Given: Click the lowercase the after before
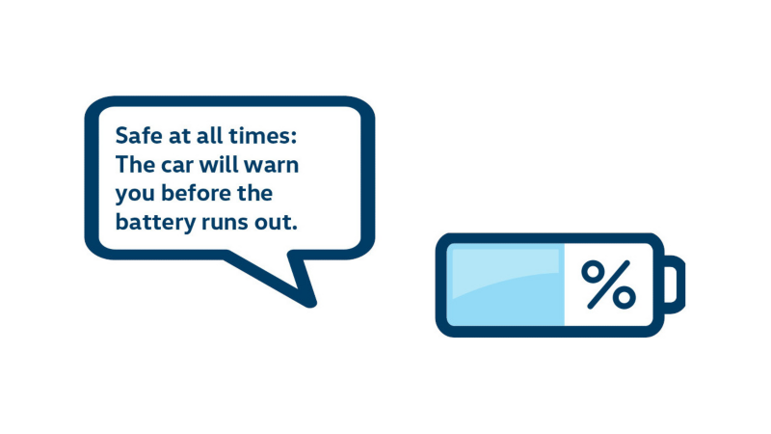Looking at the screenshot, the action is point(255,193).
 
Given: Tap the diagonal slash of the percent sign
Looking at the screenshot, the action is point(609,285).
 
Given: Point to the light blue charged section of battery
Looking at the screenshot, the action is point(505,285).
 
